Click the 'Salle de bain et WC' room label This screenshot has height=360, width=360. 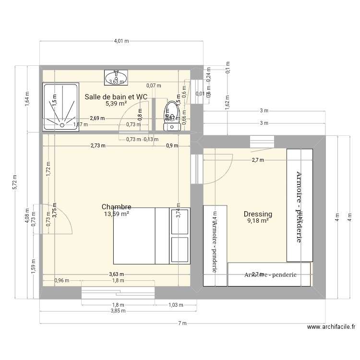point(116,96)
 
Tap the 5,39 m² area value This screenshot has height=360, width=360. point(116,103)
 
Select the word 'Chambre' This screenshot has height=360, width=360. point(116,207)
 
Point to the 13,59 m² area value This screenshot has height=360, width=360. point(116,214)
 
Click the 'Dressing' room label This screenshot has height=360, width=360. point(258,214)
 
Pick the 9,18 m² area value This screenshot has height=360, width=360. point(258,221)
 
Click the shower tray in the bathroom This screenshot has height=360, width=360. point(60,107)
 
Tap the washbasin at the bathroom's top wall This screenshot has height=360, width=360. point(116,77)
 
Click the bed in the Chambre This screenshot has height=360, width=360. point(144,236)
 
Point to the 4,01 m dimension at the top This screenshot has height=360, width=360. point(121,41)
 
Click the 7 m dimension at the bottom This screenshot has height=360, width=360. point(182,323)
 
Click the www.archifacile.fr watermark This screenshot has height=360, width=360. point(332,327)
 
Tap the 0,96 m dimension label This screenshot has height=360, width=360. point(62,281)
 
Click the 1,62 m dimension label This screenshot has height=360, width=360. point(227,98)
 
